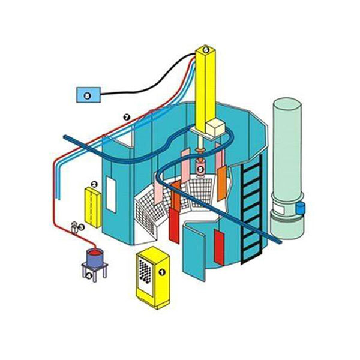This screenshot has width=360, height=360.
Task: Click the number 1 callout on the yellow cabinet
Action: (160, 271)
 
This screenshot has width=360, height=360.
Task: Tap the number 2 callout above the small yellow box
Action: (94, 184)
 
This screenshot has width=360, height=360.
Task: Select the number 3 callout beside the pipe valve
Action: (82, 227)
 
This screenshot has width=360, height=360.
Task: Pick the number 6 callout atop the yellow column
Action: (205, 50)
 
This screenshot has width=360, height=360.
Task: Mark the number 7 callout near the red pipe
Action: (127, 117)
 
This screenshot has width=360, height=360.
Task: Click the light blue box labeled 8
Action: (88, 95)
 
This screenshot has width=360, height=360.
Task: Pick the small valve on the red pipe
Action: (74, 227)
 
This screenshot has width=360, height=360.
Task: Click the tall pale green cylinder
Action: (289, 162)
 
